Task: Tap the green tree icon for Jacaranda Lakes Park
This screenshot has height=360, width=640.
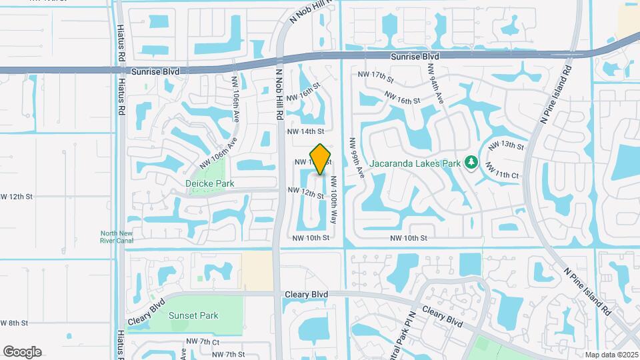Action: (471, 162)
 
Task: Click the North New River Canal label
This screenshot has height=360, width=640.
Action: (117, 237)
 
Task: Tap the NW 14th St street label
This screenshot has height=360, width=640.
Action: (305, 132)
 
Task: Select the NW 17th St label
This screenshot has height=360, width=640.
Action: (376, 75)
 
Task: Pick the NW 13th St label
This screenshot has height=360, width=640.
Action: (507, 145)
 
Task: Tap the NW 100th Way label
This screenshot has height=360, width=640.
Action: (332, 195)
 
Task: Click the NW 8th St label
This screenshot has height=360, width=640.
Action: (14, 323)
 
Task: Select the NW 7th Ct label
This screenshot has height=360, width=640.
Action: (203, 341)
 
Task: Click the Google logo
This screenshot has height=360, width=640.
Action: (22, 352)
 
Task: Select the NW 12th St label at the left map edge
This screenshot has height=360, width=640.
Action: (16, 197)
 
